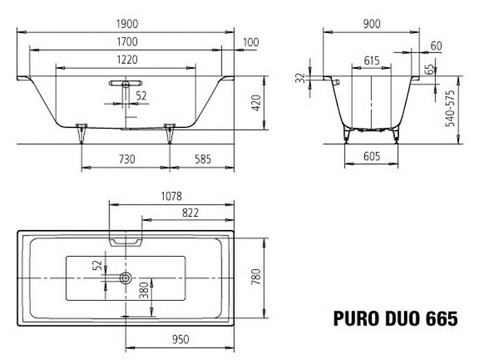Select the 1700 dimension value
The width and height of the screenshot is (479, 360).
[126, 43]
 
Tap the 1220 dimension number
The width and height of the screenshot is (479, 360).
[126, 61]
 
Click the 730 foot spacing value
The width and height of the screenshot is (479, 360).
[126, 160]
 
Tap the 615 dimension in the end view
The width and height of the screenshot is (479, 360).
[372, 61]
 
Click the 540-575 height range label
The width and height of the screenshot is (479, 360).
[450, 107]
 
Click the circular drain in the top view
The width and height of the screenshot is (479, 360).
[125, 278]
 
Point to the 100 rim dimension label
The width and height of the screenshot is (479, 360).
[251, 43]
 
